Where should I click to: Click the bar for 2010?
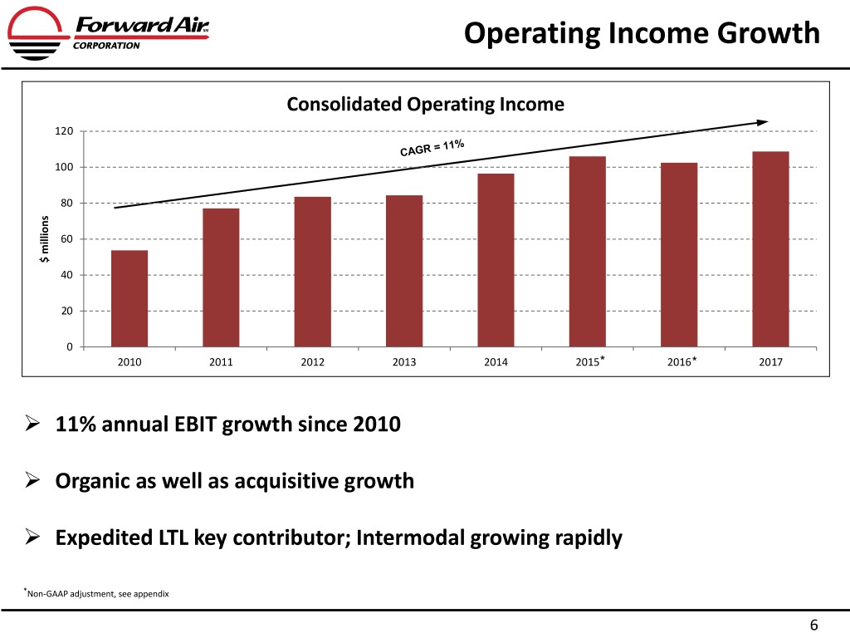coord(129,298)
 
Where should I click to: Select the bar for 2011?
coord(221,277)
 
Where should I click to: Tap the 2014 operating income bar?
coord(496,260)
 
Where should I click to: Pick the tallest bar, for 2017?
coord(770,249)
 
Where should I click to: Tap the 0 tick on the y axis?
coord(71,346)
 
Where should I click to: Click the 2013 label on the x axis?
coord(404,362)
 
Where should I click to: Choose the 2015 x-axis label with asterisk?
coord(589,362)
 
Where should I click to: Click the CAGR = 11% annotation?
coord(432,148)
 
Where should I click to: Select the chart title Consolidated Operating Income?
coord(425,105)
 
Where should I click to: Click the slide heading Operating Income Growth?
coord(642,33)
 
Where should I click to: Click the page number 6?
coord(814,625)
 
